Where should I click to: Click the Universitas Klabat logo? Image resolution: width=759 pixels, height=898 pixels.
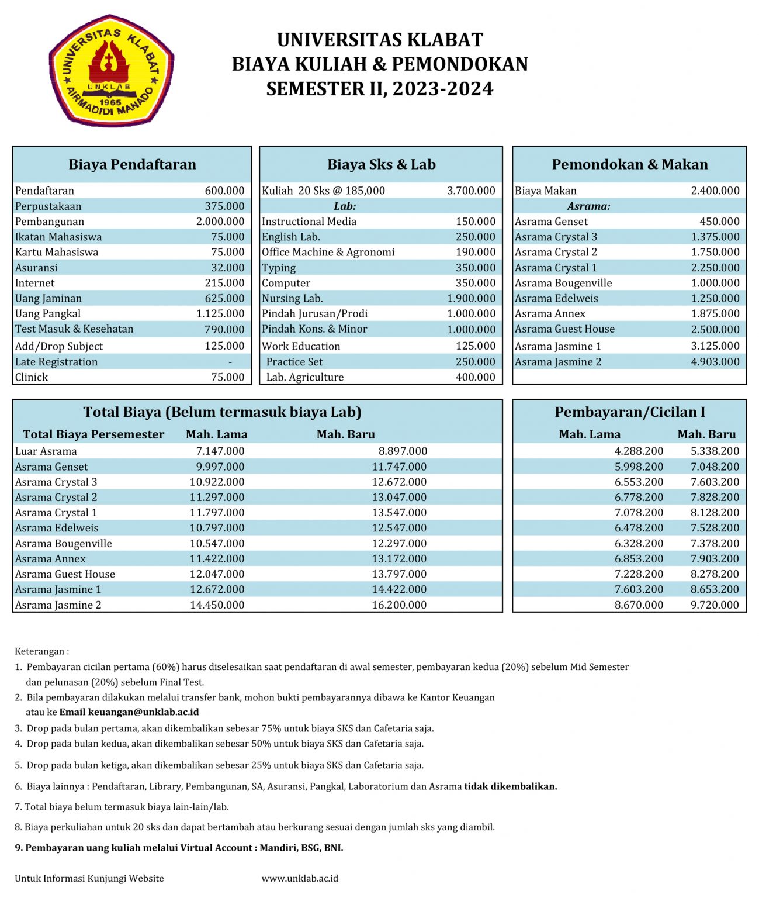pos(111,70)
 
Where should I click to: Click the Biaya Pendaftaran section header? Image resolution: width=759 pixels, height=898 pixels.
pos(132,164)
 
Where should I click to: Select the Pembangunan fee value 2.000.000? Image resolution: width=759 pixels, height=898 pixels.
pos(220,222)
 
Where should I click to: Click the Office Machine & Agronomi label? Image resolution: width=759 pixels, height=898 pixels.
pos(328,252)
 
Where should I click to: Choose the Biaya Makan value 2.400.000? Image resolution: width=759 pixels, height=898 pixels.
pos(715,191)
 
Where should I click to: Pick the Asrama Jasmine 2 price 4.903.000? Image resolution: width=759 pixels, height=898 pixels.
pos(715,362)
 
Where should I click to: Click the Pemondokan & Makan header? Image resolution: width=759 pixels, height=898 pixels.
pos(629,164)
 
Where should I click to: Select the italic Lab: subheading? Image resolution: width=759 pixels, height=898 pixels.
pos(345,206)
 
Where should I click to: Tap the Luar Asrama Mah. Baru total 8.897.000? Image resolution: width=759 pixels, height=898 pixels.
pos(403,451)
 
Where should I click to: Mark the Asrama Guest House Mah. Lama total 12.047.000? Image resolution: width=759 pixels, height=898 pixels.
pos(217,574)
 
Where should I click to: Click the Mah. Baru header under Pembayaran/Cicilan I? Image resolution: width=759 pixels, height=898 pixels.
pos(706,434)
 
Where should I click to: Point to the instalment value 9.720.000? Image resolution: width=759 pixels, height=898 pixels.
pos(715,605)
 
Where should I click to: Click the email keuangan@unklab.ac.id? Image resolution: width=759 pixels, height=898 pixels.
pos(143,712)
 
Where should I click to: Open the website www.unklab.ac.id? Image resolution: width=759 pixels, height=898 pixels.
pos(300,878)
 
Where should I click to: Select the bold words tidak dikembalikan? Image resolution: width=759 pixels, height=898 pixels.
pos(510,786)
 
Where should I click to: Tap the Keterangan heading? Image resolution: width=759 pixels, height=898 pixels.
pos(41,651)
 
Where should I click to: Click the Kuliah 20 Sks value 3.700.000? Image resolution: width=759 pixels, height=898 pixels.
pos(471,191)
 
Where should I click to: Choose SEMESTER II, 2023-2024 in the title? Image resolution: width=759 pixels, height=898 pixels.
pos(380,89)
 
